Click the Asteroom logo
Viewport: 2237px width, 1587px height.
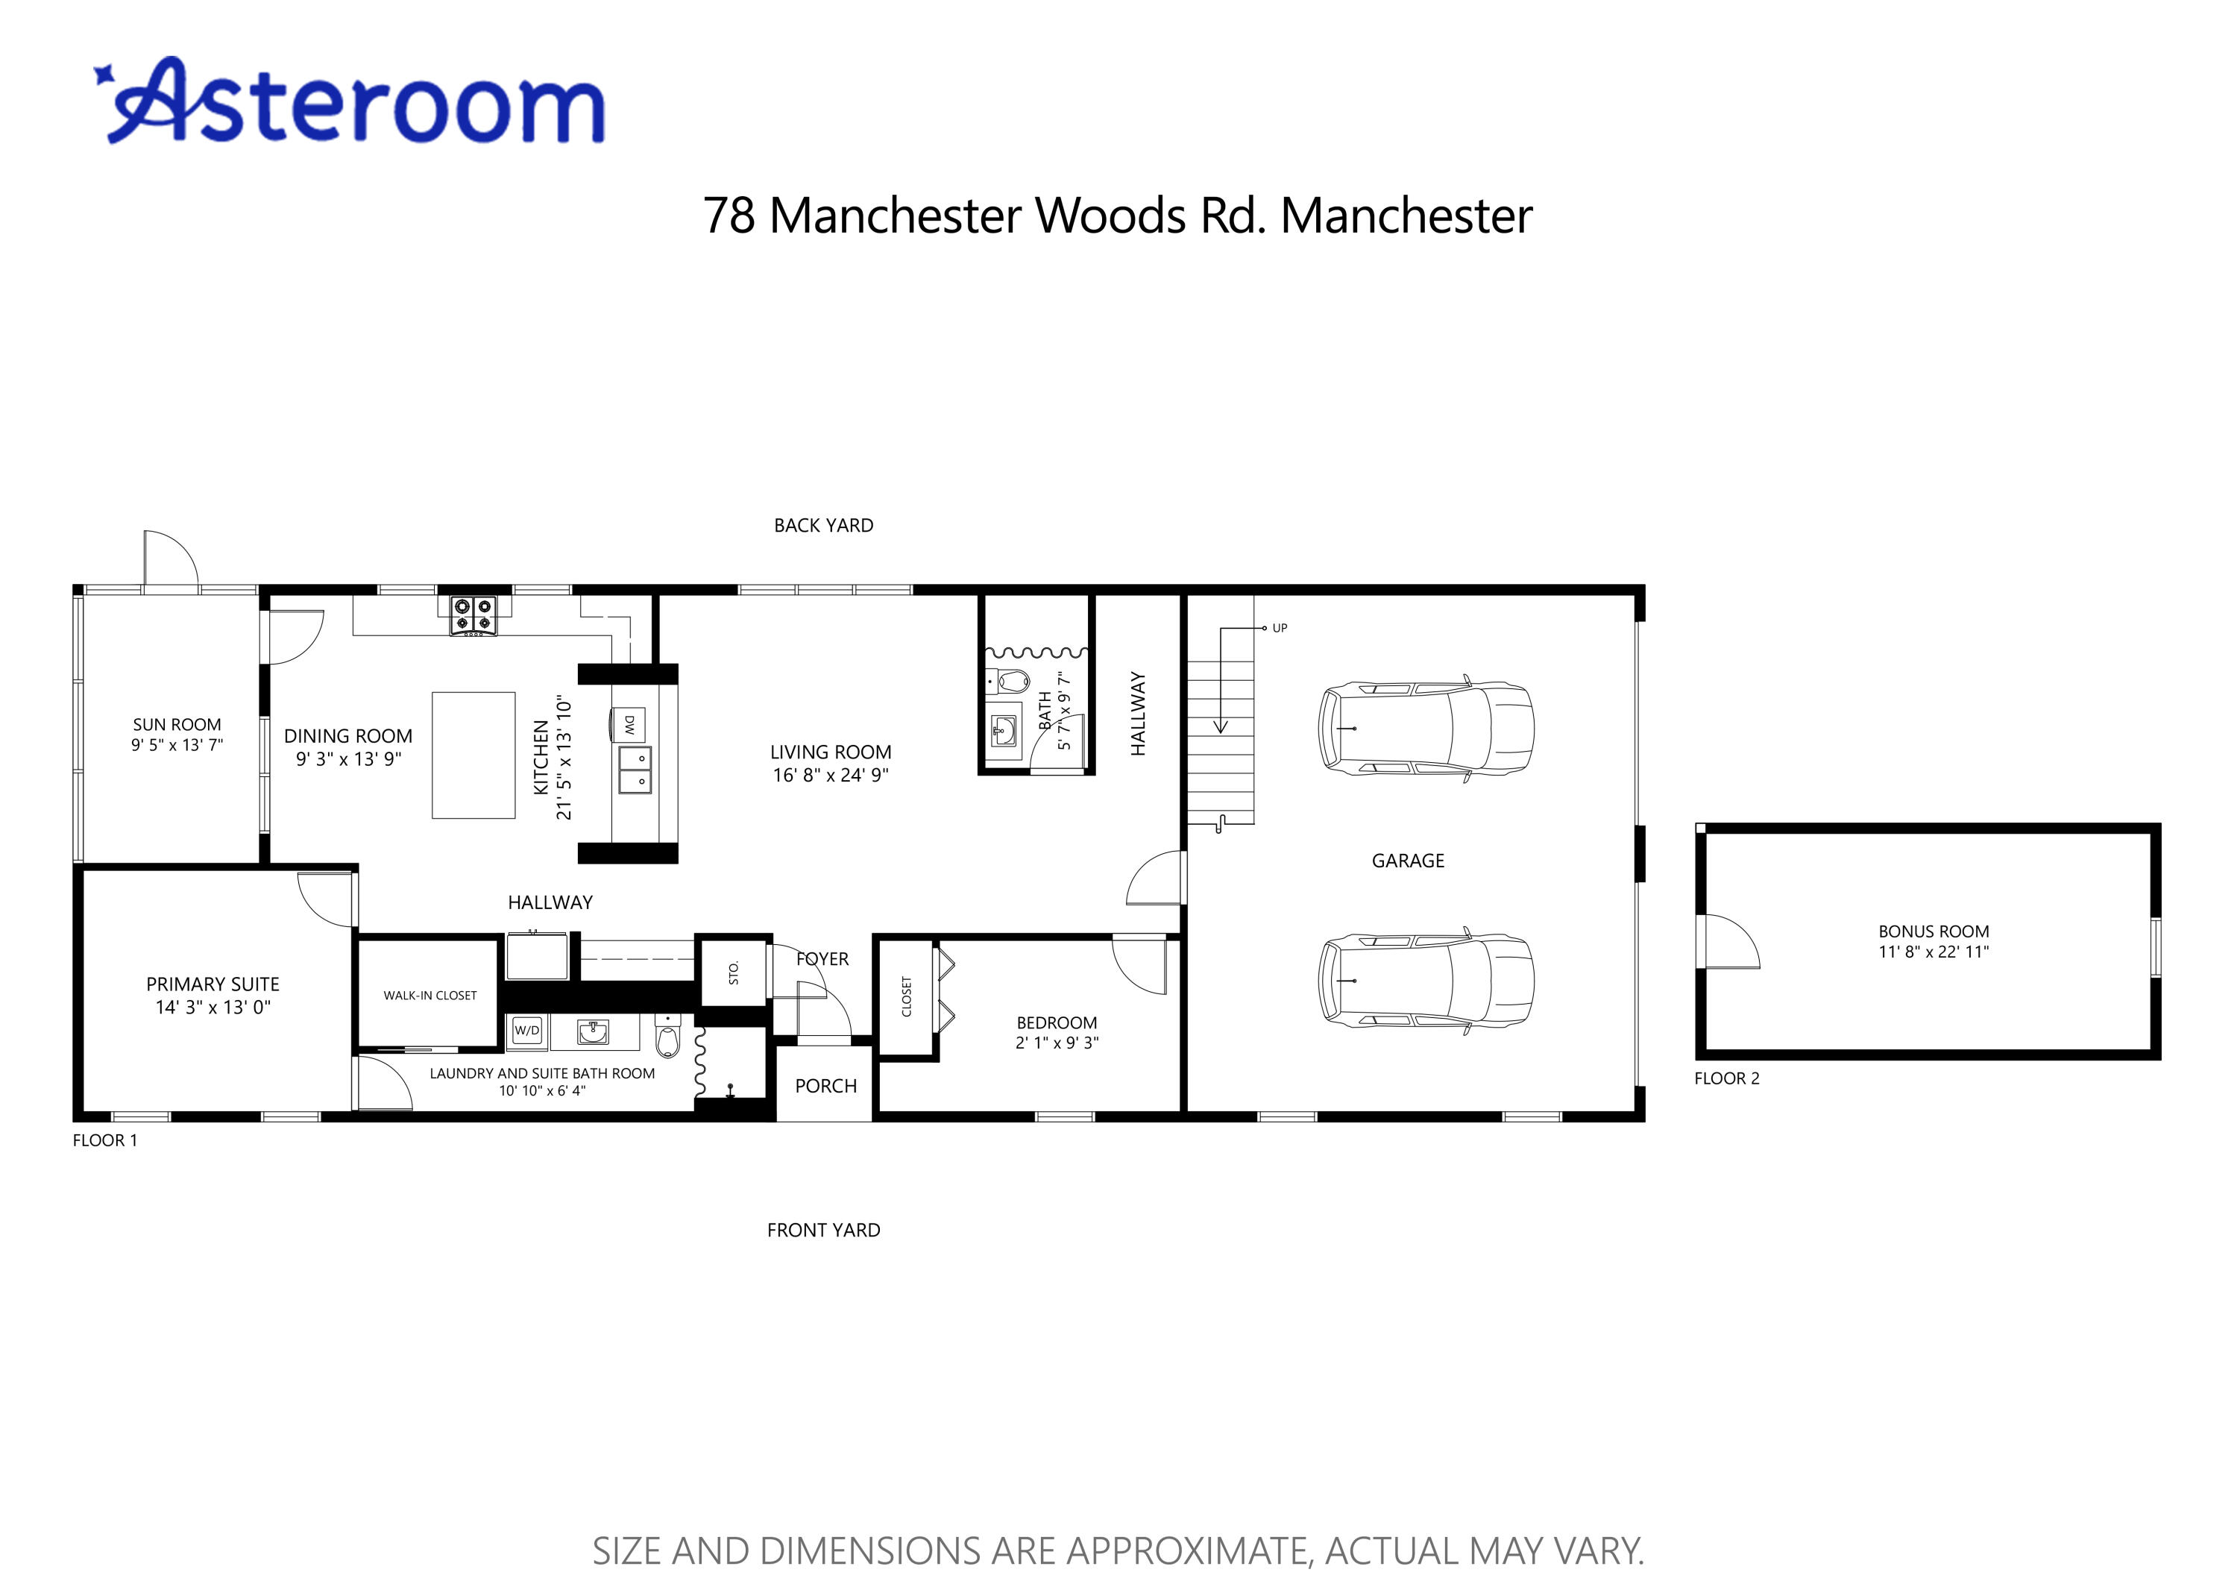[x=352, y=103]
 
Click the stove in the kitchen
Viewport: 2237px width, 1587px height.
[x=473, y=617]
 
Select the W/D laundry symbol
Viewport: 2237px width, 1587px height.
[x=526, y=1030]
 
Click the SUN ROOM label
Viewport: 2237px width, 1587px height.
[x=177, y=724]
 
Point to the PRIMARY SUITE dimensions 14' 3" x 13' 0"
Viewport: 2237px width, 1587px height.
[x=213, y=1008]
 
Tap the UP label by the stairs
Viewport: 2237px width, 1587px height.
[x=1280, y=629]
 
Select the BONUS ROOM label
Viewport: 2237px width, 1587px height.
[x=1934, y=931]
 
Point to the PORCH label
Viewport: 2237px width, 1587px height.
[x=825, y=1086]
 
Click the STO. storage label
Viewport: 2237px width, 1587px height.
[x=734, y=972]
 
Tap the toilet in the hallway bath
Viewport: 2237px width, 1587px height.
[x=1013, y=680]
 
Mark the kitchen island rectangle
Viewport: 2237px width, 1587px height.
[x=473, y=755]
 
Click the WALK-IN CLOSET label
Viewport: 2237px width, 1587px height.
[x=430, y=996]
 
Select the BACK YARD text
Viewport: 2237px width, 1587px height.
[x=823, y=526]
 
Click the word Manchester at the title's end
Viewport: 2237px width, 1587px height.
[x=1406, y=216]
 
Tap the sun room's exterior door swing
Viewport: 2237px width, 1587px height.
[x=171, y=561]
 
